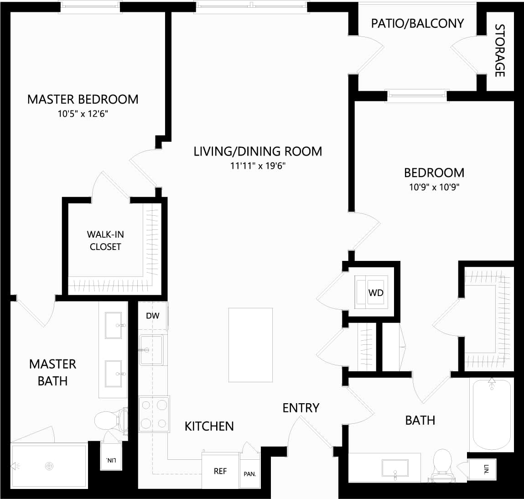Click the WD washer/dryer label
point(376,293)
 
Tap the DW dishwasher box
point(153,316)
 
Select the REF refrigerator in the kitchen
point(220,471)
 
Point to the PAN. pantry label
point(249,474)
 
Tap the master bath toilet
point(110,419)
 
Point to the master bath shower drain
point(49,466)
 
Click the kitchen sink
point(151,350)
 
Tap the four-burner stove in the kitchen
point(154,414)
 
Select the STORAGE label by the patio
point(500,50)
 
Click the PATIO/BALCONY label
point(417,23)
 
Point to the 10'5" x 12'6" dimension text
point(83,114)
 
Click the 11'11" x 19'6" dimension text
point(258,166)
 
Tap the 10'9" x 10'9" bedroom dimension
point(434,187)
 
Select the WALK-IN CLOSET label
point(105,240)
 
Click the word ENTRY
point(301,408)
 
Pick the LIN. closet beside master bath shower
point(111,461)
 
